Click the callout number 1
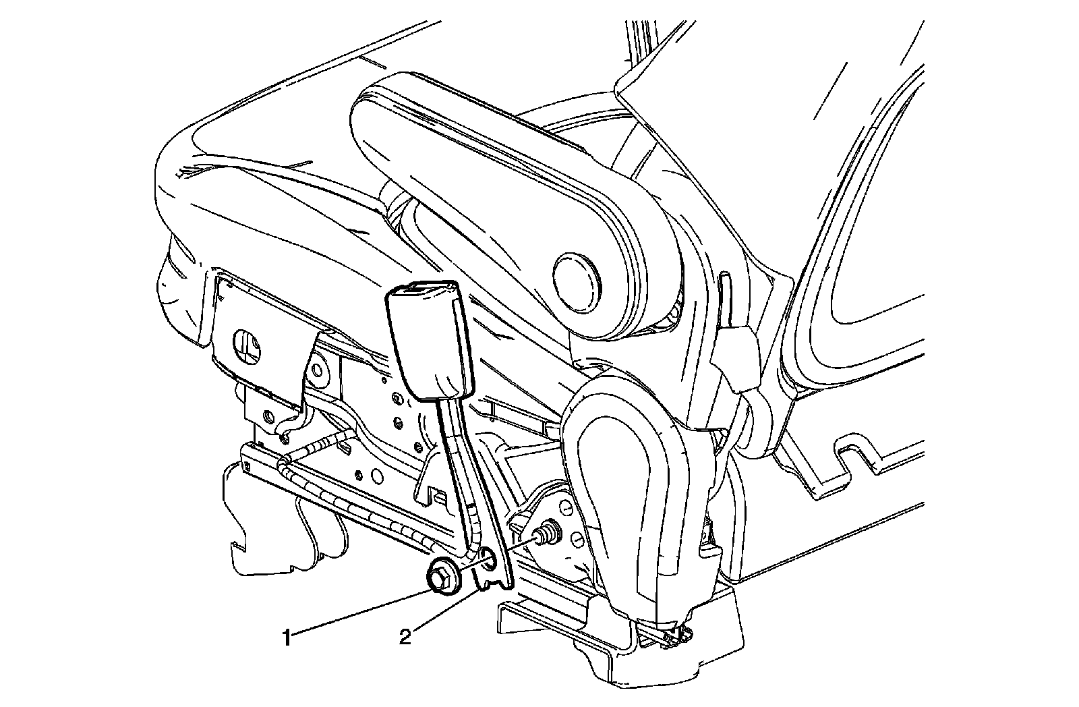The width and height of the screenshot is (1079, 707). pos(287,636)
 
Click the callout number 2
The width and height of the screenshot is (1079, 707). pos(405,636)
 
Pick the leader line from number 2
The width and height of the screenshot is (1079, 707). pos(445,611)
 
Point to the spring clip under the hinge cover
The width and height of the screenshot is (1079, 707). pos(678,634)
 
